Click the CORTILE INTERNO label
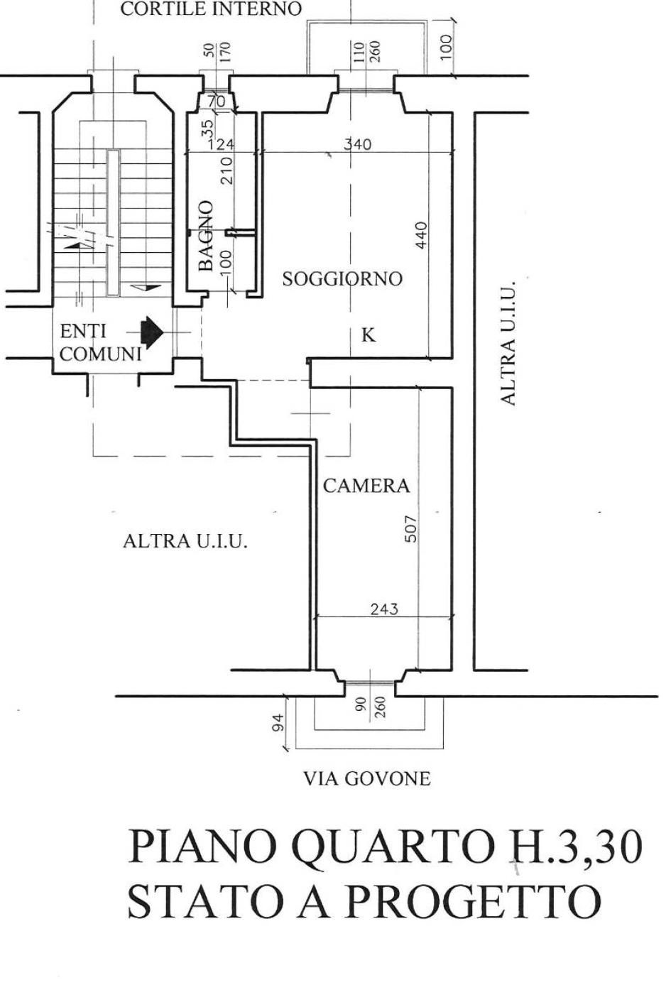tap(211, 9)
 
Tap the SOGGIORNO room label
tap(342, 279)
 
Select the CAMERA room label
tap(366, 486)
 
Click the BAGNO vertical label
tap(206, 235)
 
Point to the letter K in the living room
tap(368, 335)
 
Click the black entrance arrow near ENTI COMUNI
tap(151, 331)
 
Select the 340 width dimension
tap(357, 144)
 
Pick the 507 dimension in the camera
tap(411, 528)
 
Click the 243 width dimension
tap(384, 609)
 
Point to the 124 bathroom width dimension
tap(220, 144)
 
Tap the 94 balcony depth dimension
tap(279, 722)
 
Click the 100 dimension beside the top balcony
tap(446, 47)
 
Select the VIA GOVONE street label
tap(366, 779)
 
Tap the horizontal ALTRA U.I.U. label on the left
tap(185, 541)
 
